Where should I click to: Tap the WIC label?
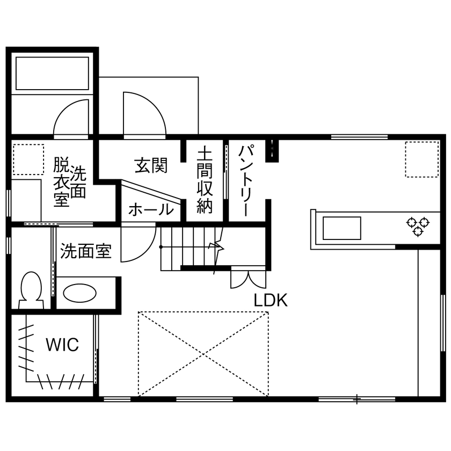pyautogui.click(x=62, y=344)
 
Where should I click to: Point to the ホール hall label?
pyautogui.click(x=151, y=209)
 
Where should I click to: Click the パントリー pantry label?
pyautogui.click(x=246, y=180)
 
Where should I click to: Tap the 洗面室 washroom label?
pyautogui.click(x=86, y=250)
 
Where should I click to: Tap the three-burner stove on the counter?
pyautogui.click(x=418, y=225)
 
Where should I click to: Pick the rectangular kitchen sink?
pyautogui.click(x=341, y=228)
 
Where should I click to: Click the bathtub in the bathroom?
pyautogui.click(x=52, y=74)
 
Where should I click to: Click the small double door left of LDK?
pyautogui.click(x=248, y=277)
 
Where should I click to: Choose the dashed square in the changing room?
pyautogui.click(x=28, y=160)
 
